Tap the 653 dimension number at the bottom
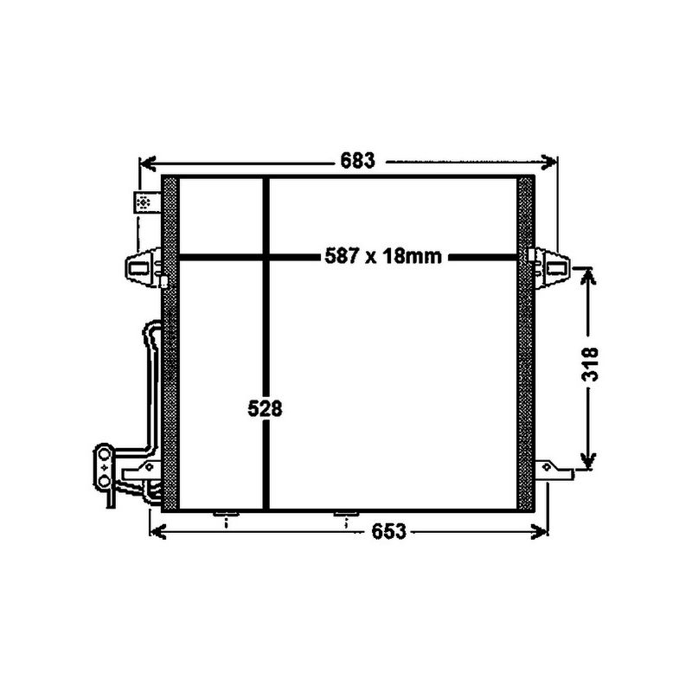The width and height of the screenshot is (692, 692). [389, 533]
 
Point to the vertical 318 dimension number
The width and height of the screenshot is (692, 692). [588, 368]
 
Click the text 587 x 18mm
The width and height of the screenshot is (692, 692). [383, 256]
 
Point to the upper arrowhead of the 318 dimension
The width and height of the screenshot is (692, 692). [588, 273]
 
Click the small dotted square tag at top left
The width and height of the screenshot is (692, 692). [144, 202]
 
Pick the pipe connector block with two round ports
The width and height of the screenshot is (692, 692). [104, 467]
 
